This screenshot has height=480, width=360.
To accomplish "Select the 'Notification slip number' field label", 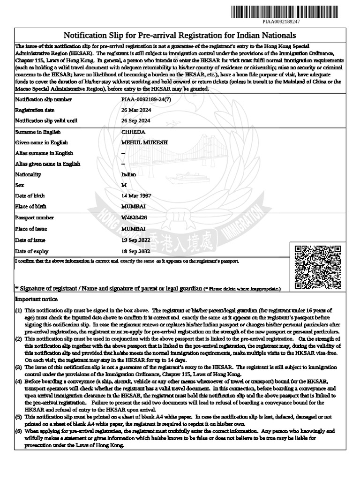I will pyautogui.click(x=44, y=99).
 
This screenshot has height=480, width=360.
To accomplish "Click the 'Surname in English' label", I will pyautogui.click(x=38, y=132).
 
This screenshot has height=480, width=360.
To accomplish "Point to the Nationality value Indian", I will pyautogui.click(x=129, y=174).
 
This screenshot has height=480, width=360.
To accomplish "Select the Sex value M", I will pyautogui.click(x=124, y=185).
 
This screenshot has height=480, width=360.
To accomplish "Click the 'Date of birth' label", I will pyautogui.click(x=32, y=195).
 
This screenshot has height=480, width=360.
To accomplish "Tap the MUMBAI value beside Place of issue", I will pyautogui.click(x=133, y=229).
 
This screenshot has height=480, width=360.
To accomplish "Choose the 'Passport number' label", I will pyautogui.click(x=35, y=218).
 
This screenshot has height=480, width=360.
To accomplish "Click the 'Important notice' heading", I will pyautogui.click(x=37, y=299).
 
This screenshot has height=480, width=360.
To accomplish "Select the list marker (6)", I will pyautogui.click(x=18, y=430).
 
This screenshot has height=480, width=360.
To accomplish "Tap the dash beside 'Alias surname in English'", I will pyautogui.click(x=123, y=153).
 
